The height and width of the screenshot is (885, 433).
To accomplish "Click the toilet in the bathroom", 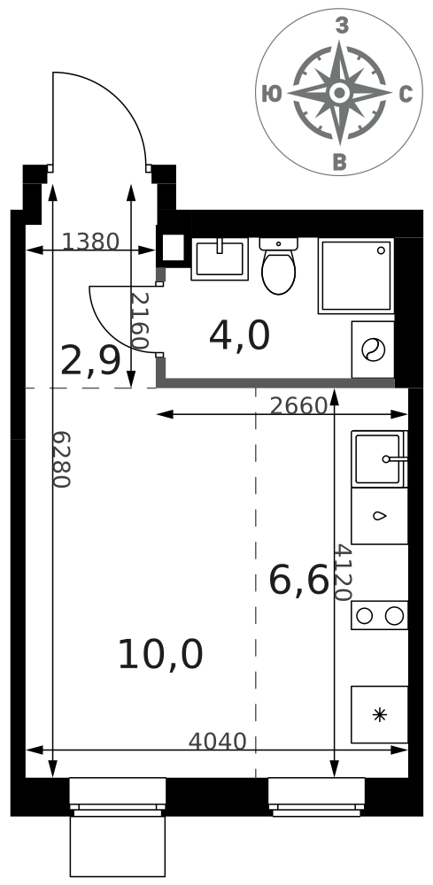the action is [x=278, y=265].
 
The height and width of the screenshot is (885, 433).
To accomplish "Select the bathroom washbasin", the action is [x=220, y=259].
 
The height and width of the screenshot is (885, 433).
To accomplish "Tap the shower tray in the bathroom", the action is [x=356, y=275].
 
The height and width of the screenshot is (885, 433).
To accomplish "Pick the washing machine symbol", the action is [x=373, y=350].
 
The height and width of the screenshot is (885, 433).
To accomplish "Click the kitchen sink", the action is [x=379, y=458].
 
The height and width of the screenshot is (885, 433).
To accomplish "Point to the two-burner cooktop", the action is [x=379, y=615].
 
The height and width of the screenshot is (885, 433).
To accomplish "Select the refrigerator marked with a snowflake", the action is [x=379, y=714].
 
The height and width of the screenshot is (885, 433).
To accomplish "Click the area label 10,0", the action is [x=160, y=655].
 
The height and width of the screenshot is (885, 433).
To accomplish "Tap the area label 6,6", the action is [x=298, y=581].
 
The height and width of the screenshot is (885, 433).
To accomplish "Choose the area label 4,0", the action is [x=239, y=335].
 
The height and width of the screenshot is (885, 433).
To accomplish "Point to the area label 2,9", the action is [x=90, y=361].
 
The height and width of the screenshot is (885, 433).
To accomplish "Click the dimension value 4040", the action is [x=217, y=742].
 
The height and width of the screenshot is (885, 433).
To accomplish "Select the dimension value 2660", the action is [x=298, y=406].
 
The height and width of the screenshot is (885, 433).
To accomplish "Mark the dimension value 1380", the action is [x=90, y=242].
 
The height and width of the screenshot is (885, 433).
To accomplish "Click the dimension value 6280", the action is [x=61, y=459].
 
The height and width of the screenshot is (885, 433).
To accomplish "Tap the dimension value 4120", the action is [x=343, y=573].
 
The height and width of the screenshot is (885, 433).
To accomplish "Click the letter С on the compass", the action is [x=406, y=95].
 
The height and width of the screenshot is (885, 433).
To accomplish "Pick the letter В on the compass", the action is [x=340, y=162].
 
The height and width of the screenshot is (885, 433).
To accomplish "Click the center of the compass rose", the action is [x=339, y=93].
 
